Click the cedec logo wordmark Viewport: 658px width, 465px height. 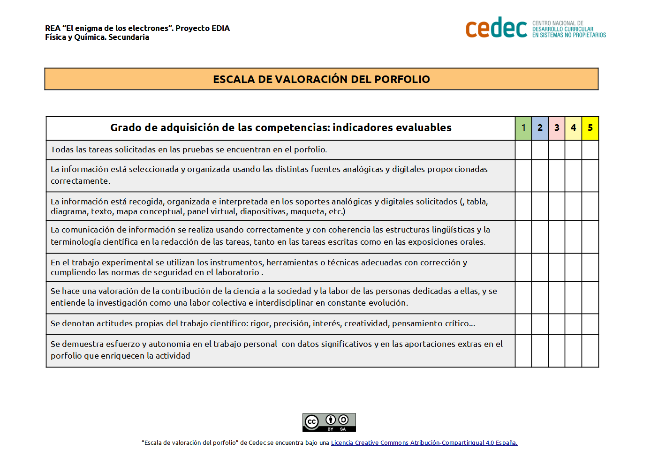(496, 28)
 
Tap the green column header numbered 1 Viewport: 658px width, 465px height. (523, 128)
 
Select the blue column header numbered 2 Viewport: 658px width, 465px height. (540, 128)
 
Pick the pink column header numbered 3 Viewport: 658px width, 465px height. (557, 128)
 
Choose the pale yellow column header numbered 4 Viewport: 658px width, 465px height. (573, 128)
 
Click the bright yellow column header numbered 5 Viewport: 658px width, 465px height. (590, 128)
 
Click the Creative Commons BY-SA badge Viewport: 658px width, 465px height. (329, 422)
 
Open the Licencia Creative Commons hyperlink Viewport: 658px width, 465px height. (424, 443)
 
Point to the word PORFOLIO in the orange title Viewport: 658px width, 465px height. (402, 79)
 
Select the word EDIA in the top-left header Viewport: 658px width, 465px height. (220, 28)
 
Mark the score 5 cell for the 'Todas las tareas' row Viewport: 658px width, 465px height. (590, 150)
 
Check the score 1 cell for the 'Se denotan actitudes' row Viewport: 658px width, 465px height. (523, 324)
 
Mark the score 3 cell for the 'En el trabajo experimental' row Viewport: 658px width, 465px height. (557, 267)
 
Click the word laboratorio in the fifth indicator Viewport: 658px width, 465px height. (237, 272)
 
